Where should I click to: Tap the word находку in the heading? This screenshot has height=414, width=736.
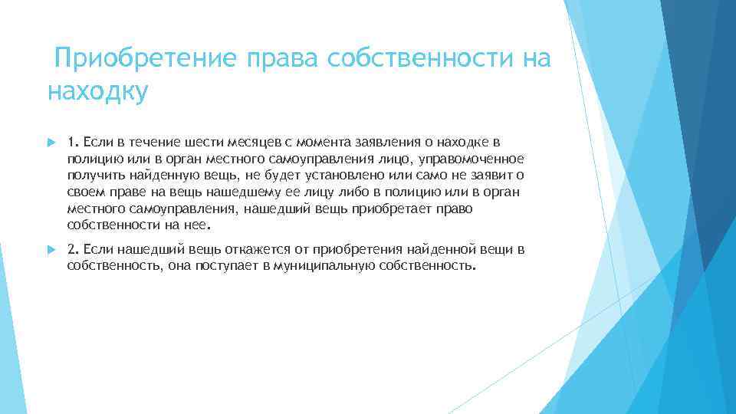(x=97, y=90)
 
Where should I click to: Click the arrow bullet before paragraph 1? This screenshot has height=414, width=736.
(x=51, y=142)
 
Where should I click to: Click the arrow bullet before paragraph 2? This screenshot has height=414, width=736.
(x=51, y=250)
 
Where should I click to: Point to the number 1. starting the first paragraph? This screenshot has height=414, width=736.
(x=73, y=142)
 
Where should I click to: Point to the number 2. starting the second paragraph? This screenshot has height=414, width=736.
(x=73, y=250)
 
